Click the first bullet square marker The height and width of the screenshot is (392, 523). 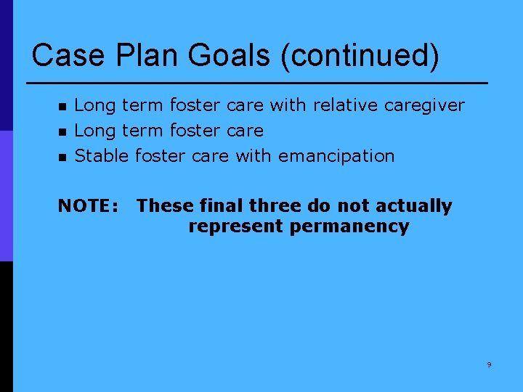coord(62,107)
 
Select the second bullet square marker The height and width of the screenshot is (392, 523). coord(62,132)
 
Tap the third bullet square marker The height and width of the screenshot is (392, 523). coord(62,157)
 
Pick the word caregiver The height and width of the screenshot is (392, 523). coord(424,106)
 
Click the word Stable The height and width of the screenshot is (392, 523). coord(102,155)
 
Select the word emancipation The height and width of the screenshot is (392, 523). coord(336,156)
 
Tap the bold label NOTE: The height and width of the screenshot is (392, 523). coord(88,206)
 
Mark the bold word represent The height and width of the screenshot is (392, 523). coord(235,226)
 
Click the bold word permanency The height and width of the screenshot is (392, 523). coord(349,226)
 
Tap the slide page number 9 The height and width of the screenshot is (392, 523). coord(489,364)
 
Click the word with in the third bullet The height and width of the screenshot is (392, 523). coord(252,155)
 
